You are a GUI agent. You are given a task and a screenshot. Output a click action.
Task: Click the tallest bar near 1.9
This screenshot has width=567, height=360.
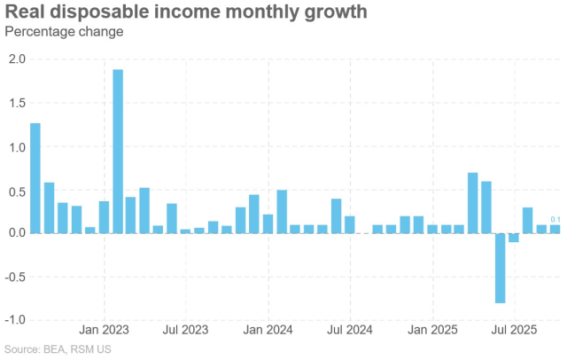[118, 151]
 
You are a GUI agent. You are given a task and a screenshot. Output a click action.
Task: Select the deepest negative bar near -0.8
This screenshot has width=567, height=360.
[501, 268]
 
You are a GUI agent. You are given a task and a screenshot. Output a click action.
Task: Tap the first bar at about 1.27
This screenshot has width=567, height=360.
[35, 177]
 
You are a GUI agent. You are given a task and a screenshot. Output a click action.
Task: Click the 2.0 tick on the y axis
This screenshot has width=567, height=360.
[17, 59]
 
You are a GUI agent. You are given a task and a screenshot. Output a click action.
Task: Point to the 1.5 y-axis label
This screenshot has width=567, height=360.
[17, 103]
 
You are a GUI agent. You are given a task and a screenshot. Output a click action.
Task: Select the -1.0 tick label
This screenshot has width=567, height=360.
[15, 319]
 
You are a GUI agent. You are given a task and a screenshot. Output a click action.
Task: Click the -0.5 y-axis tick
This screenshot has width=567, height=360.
[15, 276]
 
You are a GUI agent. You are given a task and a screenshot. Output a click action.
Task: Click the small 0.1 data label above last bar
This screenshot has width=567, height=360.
[555, 220]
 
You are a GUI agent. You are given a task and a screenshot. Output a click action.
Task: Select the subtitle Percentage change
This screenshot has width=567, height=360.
[64, 32]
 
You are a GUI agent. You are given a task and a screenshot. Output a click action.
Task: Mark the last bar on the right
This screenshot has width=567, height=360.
[555, 229]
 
